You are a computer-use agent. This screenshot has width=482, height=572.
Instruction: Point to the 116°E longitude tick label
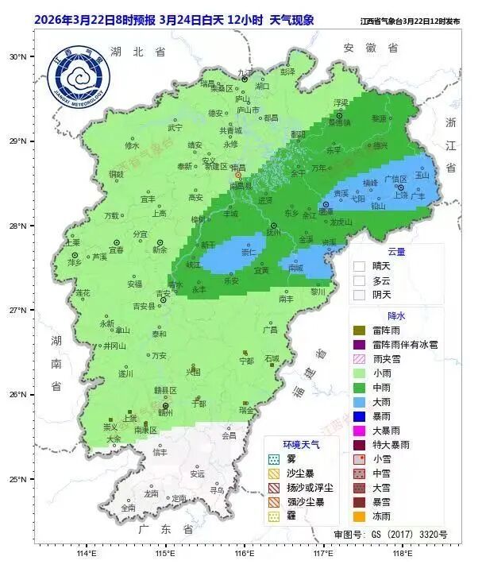244,553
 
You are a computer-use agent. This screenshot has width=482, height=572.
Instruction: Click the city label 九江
245,71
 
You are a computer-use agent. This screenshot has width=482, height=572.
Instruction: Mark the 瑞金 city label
246,411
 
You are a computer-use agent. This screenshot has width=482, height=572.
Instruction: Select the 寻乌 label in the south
217,490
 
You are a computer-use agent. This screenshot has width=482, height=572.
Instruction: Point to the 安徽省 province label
370,48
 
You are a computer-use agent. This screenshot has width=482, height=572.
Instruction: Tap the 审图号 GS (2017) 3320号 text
391,535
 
